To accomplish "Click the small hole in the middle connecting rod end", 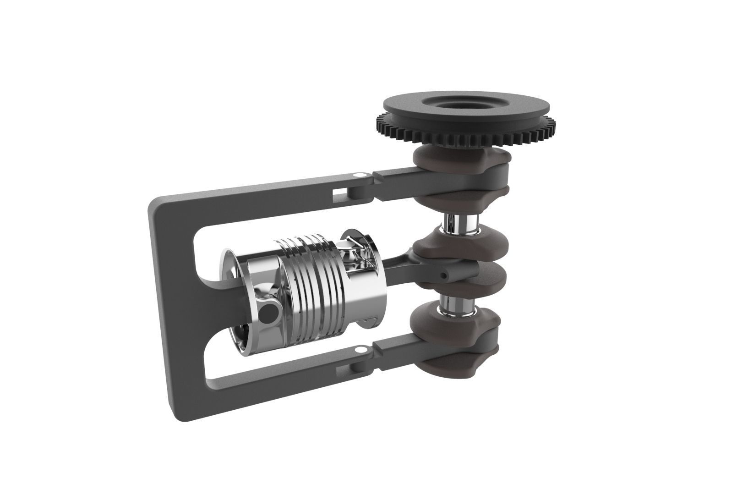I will click(x=444, y=275).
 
